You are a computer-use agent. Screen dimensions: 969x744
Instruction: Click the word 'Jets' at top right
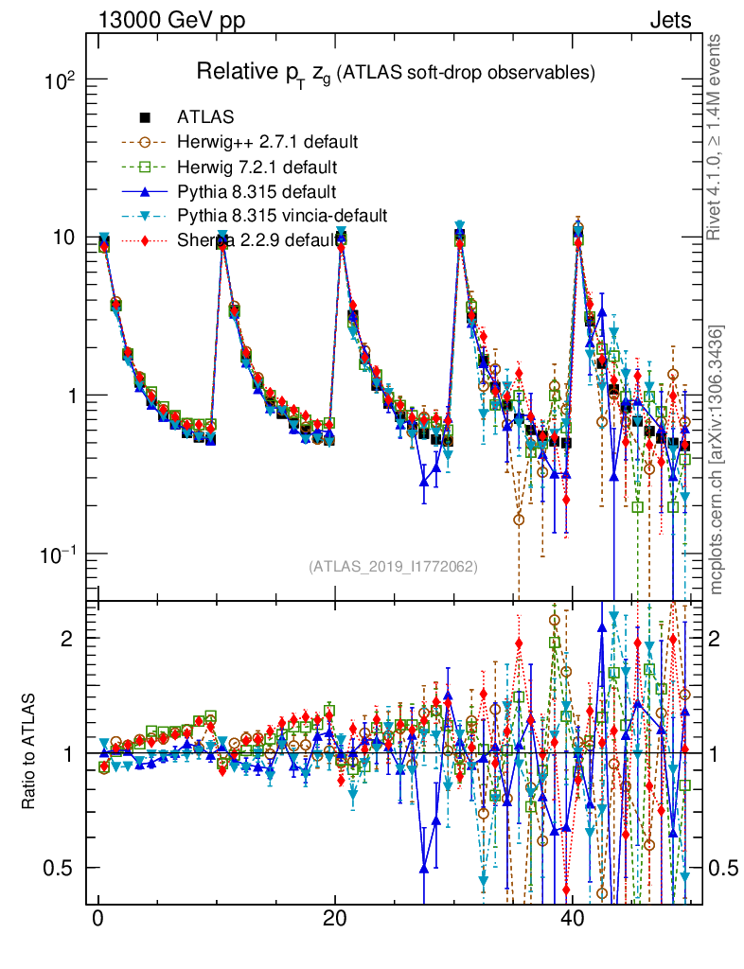(x=669, y=20)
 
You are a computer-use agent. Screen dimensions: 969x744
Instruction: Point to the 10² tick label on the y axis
(x=65, y=80)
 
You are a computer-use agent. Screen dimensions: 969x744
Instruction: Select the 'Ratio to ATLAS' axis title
(x=30, y=751)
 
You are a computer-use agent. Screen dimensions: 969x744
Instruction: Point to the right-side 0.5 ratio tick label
(x=721, y=868)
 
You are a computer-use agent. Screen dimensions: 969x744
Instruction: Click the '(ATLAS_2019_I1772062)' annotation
(x=393, y=567)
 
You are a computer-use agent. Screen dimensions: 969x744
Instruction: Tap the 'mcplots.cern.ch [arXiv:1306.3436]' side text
(x=717, y=460)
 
